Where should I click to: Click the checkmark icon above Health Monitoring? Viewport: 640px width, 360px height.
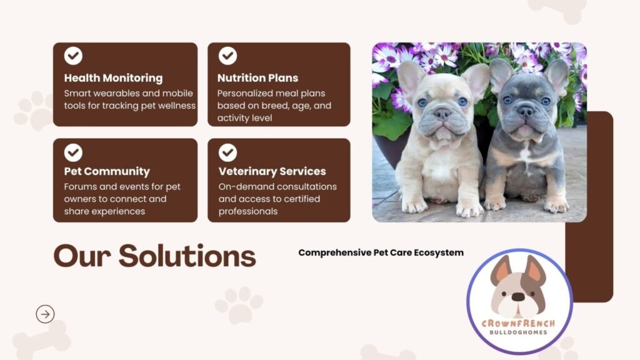pos(73,56)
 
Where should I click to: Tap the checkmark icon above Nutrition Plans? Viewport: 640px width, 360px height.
pos(227,56)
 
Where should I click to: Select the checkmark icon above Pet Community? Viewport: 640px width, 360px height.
pos(73,152)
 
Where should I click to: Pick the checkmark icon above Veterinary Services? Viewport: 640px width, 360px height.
pos(227,152)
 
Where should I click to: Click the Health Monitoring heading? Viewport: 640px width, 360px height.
pos(113,78)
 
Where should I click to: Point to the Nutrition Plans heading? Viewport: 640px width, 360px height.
pos(257,78)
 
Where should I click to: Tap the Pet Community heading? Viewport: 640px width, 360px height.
pos(107,171)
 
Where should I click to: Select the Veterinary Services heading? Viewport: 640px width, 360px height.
pos(272,171)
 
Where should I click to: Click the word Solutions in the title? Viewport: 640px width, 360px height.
pos(187,256)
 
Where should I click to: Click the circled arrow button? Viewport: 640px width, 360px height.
pos(45,314)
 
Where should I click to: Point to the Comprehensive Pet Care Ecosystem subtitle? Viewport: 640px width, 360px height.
pos(381,252)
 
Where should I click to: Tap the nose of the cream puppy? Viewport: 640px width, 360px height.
pos(442,114)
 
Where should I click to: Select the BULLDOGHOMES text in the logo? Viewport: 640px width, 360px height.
pos(519,332)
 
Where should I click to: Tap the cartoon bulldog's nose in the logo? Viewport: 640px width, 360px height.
pos(518,297)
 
